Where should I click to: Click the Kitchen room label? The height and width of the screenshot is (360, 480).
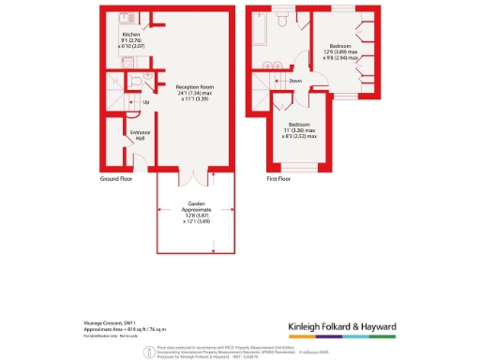coord(117,35)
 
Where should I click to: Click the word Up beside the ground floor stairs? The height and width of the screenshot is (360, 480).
coord(146,102)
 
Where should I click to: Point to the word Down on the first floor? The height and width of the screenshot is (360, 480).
coord(294,81)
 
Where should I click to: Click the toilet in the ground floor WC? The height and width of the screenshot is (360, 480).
coord(138,82)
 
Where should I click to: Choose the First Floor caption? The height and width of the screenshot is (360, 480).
coord(279,177)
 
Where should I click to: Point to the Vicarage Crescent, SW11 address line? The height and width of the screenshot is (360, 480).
coord(108,322)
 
